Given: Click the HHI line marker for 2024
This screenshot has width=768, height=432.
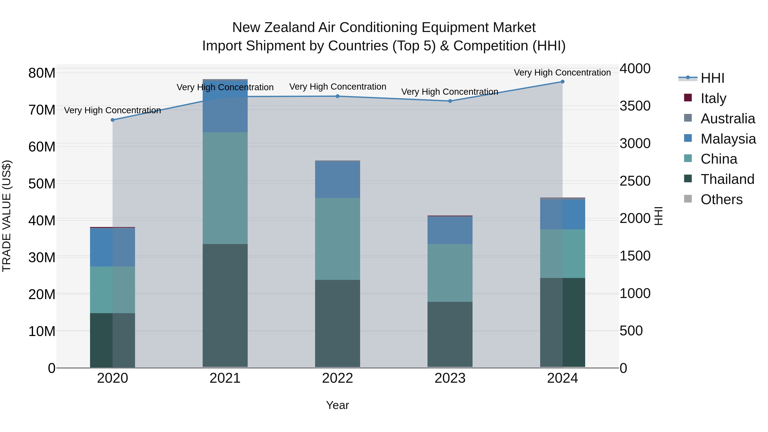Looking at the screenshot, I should point(562,82).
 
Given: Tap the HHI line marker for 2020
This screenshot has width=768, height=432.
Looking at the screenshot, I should point(112,120).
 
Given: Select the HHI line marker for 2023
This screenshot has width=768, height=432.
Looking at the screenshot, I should point(450,101).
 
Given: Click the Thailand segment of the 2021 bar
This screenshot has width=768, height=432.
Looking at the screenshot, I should point(225,305).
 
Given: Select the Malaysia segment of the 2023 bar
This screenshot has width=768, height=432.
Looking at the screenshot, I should point(450,230).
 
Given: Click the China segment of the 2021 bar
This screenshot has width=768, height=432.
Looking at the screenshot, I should point(225,188).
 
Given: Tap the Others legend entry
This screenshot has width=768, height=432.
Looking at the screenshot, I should point(721,199).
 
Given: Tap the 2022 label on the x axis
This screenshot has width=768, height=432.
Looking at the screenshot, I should point(337,378).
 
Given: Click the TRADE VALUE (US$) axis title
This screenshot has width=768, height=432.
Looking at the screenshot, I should point(7,216).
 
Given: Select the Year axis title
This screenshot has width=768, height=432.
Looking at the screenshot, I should point(337,405).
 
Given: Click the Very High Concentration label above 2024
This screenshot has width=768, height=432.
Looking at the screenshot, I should point(562,73).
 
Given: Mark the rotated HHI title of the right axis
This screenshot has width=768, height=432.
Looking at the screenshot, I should point(658,216).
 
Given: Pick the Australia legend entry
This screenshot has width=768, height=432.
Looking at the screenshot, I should point(727,118).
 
